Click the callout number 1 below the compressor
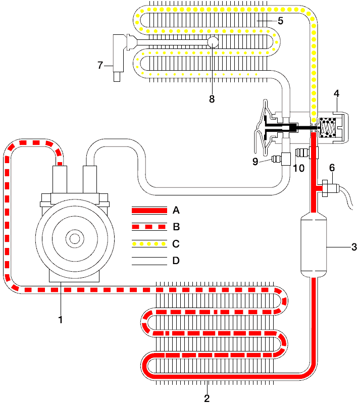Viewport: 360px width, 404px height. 60,320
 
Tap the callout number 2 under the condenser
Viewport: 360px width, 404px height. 207,398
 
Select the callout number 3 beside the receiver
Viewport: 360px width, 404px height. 354,247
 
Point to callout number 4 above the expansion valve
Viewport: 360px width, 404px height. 337,93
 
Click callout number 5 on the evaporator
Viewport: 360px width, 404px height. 280,21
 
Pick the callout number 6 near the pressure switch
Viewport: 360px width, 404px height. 332,168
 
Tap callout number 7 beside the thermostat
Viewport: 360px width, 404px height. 100,65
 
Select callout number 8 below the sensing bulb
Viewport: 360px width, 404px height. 212,98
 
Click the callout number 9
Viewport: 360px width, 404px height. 255,161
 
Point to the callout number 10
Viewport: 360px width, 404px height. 299,168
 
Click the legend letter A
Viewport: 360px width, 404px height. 176,210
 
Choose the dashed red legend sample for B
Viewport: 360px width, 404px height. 149,227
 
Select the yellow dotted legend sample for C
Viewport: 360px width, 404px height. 149,243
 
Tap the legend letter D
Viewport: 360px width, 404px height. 176,261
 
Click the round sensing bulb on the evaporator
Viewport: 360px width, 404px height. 213,42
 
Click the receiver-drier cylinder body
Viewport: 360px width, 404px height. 314,245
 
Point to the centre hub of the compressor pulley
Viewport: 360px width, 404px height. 75,239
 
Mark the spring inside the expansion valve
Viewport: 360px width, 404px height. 328,128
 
